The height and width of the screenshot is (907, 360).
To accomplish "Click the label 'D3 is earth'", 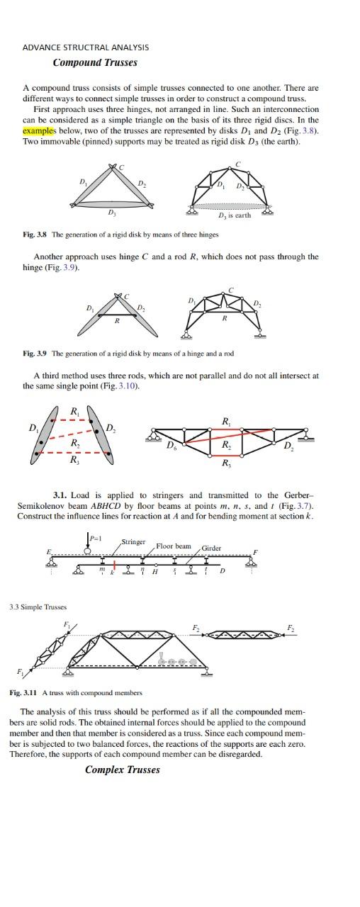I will tap(235, 215).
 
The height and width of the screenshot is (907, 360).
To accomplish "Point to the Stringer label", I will tap(133, 542).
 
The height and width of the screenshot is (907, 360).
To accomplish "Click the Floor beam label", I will tap(174, 546).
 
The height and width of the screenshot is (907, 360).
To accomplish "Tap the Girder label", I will tap(211, 548).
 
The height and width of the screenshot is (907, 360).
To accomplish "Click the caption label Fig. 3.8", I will tap(35, 235).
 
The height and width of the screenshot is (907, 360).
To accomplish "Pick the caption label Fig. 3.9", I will tap(35, 353).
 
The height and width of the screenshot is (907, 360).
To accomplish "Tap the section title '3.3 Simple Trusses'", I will tap(38, 607).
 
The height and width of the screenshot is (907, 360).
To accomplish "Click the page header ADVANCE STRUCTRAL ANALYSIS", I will tap(86, 47).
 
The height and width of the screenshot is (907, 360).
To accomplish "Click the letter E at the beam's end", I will tap(49, 552).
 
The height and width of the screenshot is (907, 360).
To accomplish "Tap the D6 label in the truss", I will tap(171, 446).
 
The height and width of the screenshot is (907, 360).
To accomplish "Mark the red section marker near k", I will tap(114, 568).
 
